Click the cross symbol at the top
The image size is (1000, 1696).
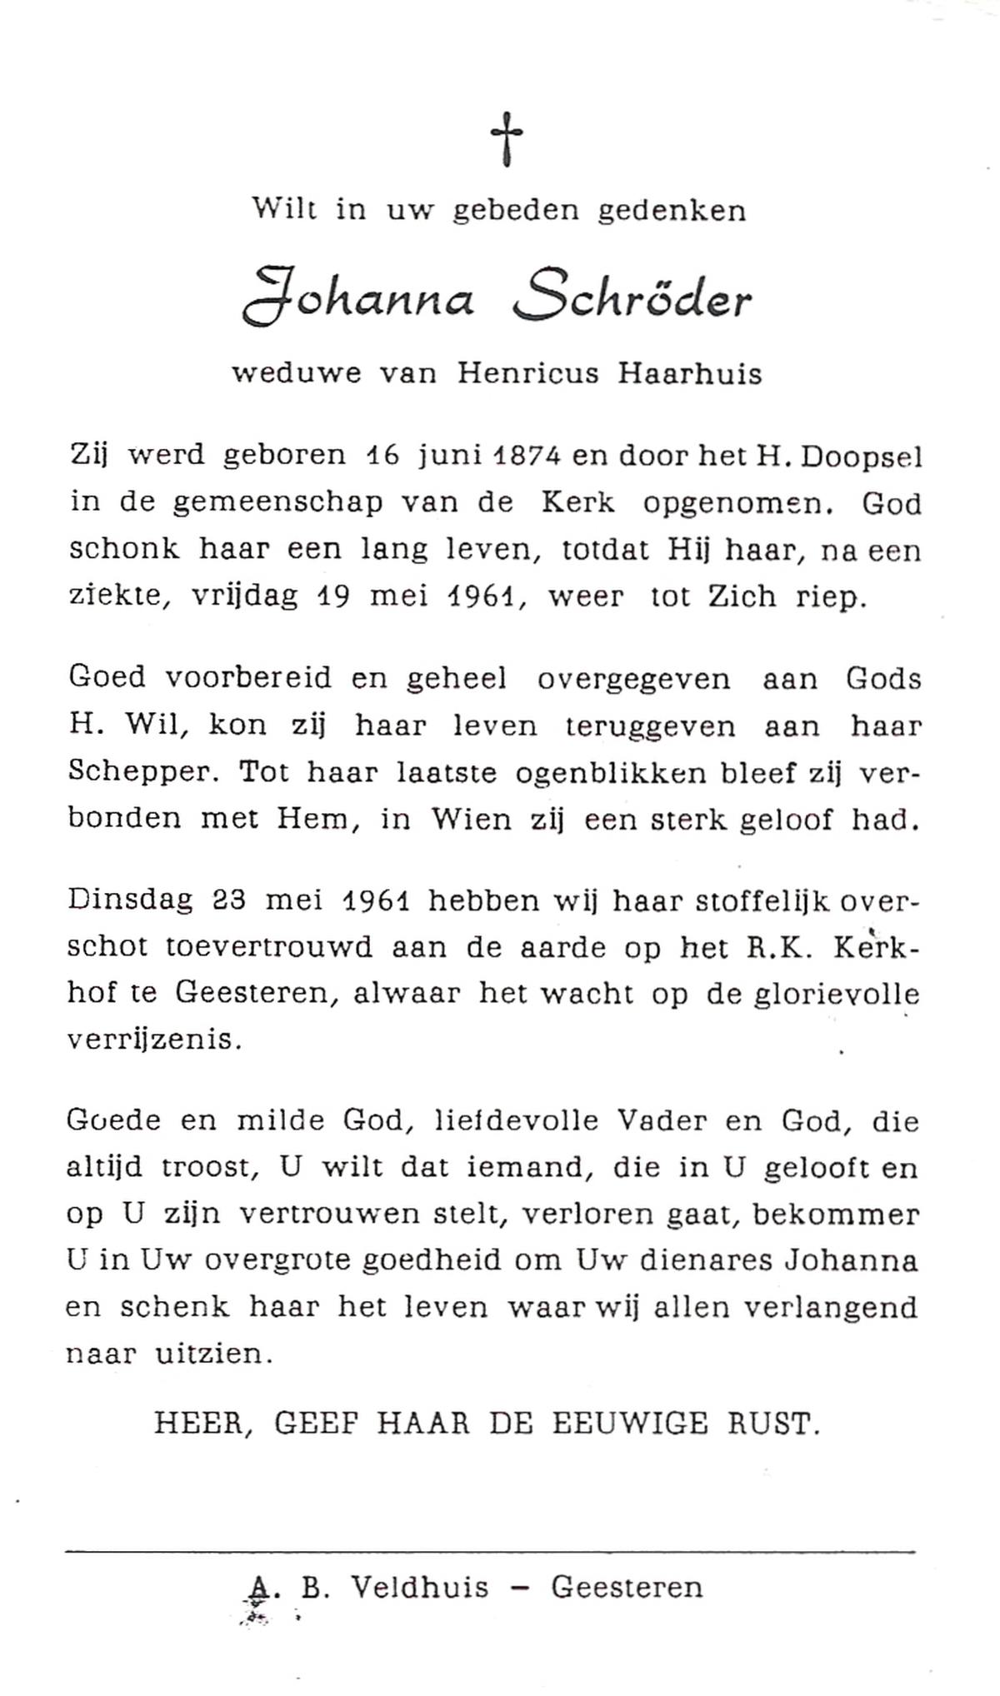506,139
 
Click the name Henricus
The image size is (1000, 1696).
527,374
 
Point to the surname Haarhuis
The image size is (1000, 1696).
690,374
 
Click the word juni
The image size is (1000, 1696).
447,457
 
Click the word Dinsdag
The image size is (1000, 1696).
130,901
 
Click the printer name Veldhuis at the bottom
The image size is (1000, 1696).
420,1588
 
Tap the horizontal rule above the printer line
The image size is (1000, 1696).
490,1551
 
